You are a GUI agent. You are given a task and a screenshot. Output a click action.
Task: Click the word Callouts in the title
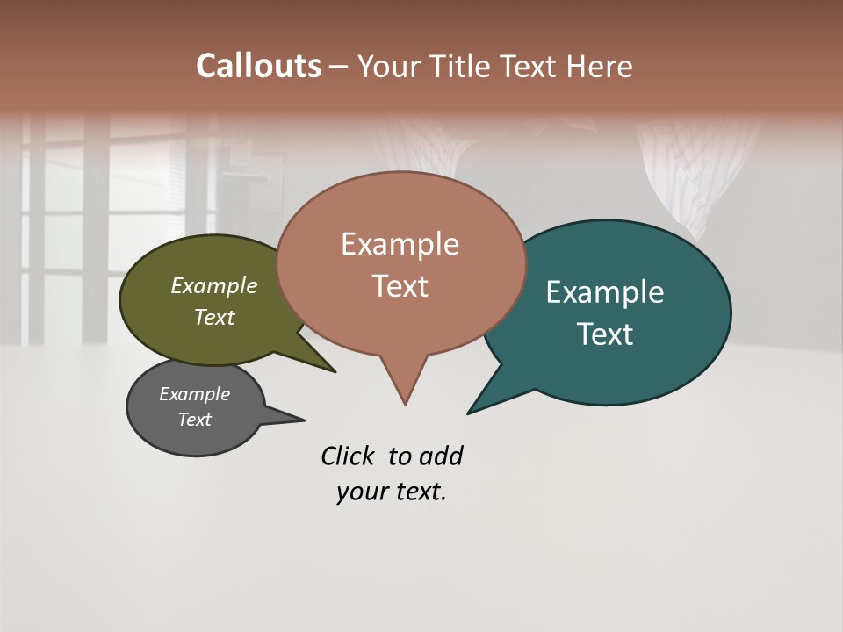[258, 66]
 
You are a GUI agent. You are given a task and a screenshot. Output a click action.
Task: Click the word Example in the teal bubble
[604, 292]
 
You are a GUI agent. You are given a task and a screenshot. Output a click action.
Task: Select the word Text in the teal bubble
[605, 334]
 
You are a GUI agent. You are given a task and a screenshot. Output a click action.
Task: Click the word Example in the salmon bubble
[400, 244]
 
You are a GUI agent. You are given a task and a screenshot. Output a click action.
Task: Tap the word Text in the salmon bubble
[400, 286]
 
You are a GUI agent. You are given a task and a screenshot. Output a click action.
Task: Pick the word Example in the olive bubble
[214, 285]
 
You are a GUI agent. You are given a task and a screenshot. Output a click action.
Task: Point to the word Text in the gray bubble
[195, 420]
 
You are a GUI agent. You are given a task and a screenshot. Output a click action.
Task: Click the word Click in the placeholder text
[348, 456]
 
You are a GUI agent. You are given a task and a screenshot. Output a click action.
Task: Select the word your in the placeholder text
[363, 492]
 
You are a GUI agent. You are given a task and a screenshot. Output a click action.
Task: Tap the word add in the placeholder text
[441, 456]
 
